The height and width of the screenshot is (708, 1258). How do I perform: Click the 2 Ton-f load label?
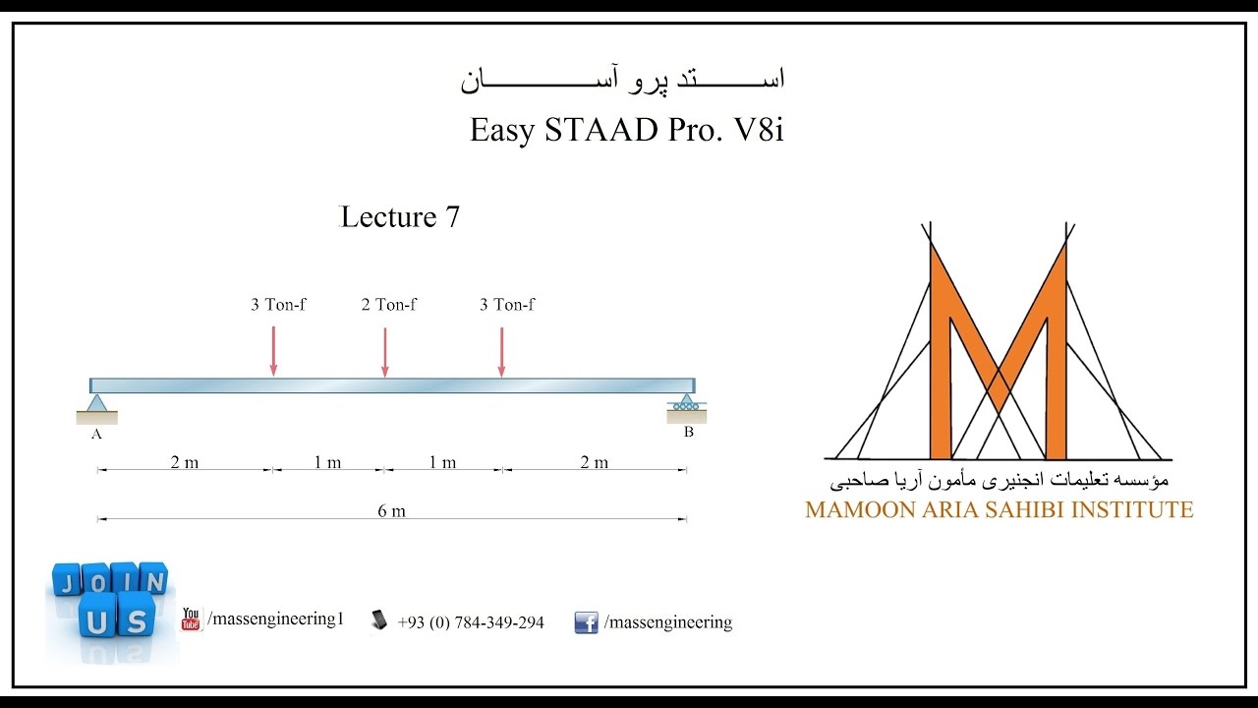tap(388, 305)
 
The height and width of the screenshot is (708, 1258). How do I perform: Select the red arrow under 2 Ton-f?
tap(385, 352)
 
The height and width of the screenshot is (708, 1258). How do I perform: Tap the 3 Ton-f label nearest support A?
tap(278, 305)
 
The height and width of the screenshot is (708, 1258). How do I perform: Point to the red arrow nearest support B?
tap(501, 352)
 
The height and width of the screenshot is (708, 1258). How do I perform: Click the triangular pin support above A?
tap(96, 404)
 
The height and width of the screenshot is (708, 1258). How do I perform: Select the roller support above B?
tap(686, 403)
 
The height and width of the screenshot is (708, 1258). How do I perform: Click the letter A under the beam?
tap(96, 434)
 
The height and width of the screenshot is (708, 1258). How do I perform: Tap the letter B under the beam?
tap(688, 432)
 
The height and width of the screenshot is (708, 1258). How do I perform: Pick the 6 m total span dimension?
tap(391, 510)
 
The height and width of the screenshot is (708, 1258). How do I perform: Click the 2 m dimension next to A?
tap(184, 462)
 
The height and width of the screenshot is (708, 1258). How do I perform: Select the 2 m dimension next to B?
tap(594, 462)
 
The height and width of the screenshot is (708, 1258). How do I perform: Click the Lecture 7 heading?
tap(400, 217)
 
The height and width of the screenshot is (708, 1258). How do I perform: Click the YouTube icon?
tap(191, 619)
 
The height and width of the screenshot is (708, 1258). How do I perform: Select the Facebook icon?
tap(586, 622)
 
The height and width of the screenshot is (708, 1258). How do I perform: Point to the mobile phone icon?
tap(379, 619)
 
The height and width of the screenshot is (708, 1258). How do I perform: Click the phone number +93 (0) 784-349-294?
tap(471, 622)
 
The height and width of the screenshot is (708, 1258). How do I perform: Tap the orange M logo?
tap(999, 354)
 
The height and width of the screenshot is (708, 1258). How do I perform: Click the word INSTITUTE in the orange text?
tap(1131, 510)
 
